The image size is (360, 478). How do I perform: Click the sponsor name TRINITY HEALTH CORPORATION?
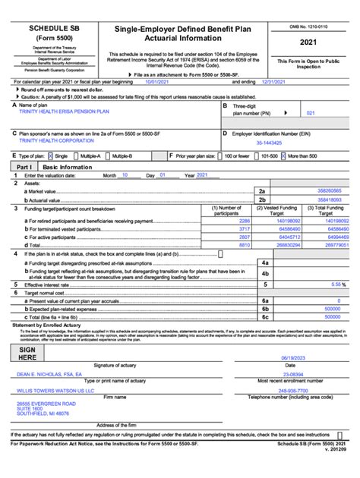(x=52, y=140)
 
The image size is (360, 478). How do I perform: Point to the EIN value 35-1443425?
(x=270, y=143)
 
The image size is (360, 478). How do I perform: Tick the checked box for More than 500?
(x=283, y=156)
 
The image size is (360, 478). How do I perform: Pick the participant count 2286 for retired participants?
(x=243, y=221)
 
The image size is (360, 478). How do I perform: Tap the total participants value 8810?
(x=244, y=245)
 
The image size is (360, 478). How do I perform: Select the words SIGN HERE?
(x=27, y=352)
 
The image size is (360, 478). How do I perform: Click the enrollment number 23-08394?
(x=292, y=373)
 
